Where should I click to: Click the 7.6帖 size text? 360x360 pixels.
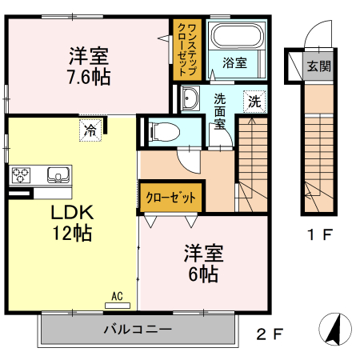(89, 77)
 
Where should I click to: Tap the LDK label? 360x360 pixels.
(74, 214)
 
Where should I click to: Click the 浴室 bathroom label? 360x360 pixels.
(234, 62)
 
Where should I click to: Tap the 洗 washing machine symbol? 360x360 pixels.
(254, 102)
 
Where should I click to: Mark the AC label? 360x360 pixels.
(117, 297)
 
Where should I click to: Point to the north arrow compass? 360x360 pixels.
(335, 329)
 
